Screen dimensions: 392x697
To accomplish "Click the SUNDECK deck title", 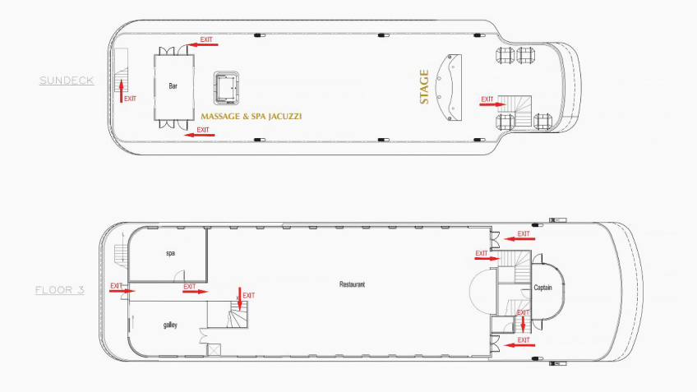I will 66,81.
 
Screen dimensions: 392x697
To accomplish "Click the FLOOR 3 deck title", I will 59,290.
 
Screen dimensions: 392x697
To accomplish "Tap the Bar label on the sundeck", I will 173,86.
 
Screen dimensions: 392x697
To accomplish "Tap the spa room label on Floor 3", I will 170,253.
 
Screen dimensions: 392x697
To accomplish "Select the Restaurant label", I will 352,284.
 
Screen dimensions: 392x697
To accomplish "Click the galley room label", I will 170,325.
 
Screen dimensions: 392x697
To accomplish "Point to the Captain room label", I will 542,288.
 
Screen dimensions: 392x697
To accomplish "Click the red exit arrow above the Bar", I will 203,44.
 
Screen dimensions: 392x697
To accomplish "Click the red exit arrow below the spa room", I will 195,291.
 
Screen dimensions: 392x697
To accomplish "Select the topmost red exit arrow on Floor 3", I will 518,237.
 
